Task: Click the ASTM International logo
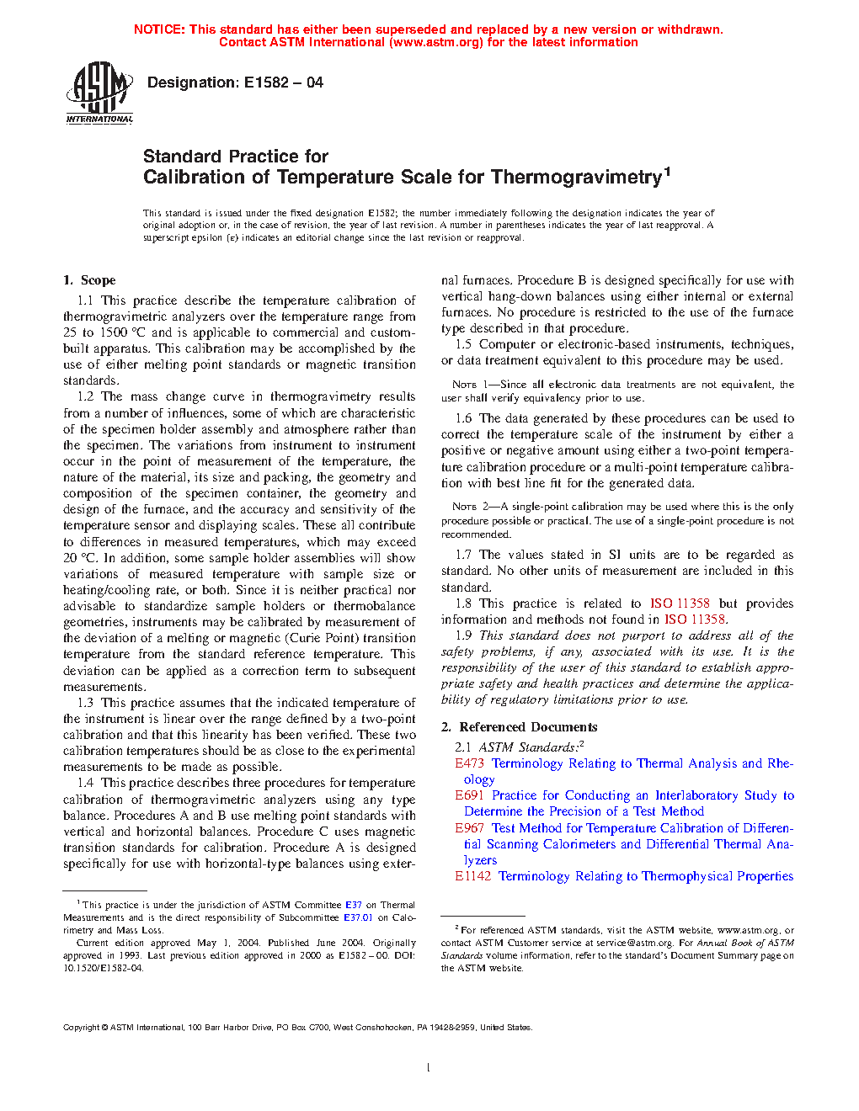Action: tap(99, 93)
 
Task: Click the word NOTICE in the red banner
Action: tap(158, 29)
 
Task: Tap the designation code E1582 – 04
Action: tap(283, 82)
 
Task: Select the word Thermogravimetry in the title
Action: tap(576, 178)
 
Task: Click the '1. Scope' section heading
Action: tap(89, 280)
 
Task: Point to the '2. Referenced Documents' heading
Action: tap(520, 727)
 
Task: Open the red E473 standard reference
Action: tap(469, 763)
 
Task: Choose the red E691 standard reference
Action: tap(470, 795)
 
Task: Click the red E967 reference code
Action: tap(469, 828)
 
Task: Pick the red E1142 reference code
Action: tap(472, 876)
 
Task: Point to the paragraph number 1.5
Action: tap(463, 344)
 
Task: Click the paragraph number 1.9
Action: tap(463, 635)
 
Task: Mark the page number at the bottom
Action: tap(429, 1068)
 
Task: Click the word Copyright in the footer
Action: tap(82, 1028)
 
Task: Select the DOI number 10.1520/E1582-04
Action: tap(103, 968)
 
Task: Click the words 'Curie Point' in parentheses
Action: tap(314, 638)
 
